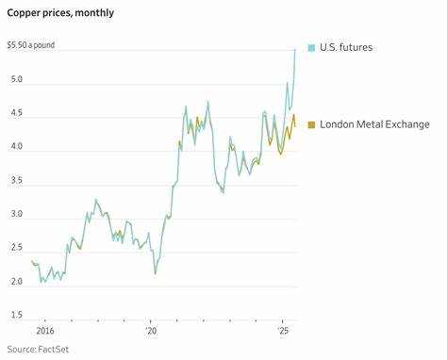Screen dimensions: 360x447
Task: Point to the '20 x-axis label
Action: (x=152, y=332)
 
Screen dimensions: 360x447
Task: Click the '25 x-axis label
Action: (x=282, y=332)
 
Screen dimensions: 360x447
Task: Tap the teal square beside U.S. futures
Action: (x=311, y=47)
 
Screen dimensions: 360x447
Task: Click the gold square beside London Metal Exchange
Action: (x=311, y=124)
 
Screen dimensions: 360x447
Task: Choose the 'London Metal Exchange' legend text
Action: (x=374, y=124)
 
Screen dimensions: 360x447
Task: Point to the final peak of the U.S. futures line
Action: (x=295, y=49)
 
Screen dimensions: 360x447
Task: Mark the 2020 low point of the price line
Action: (x=156, y=273)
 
